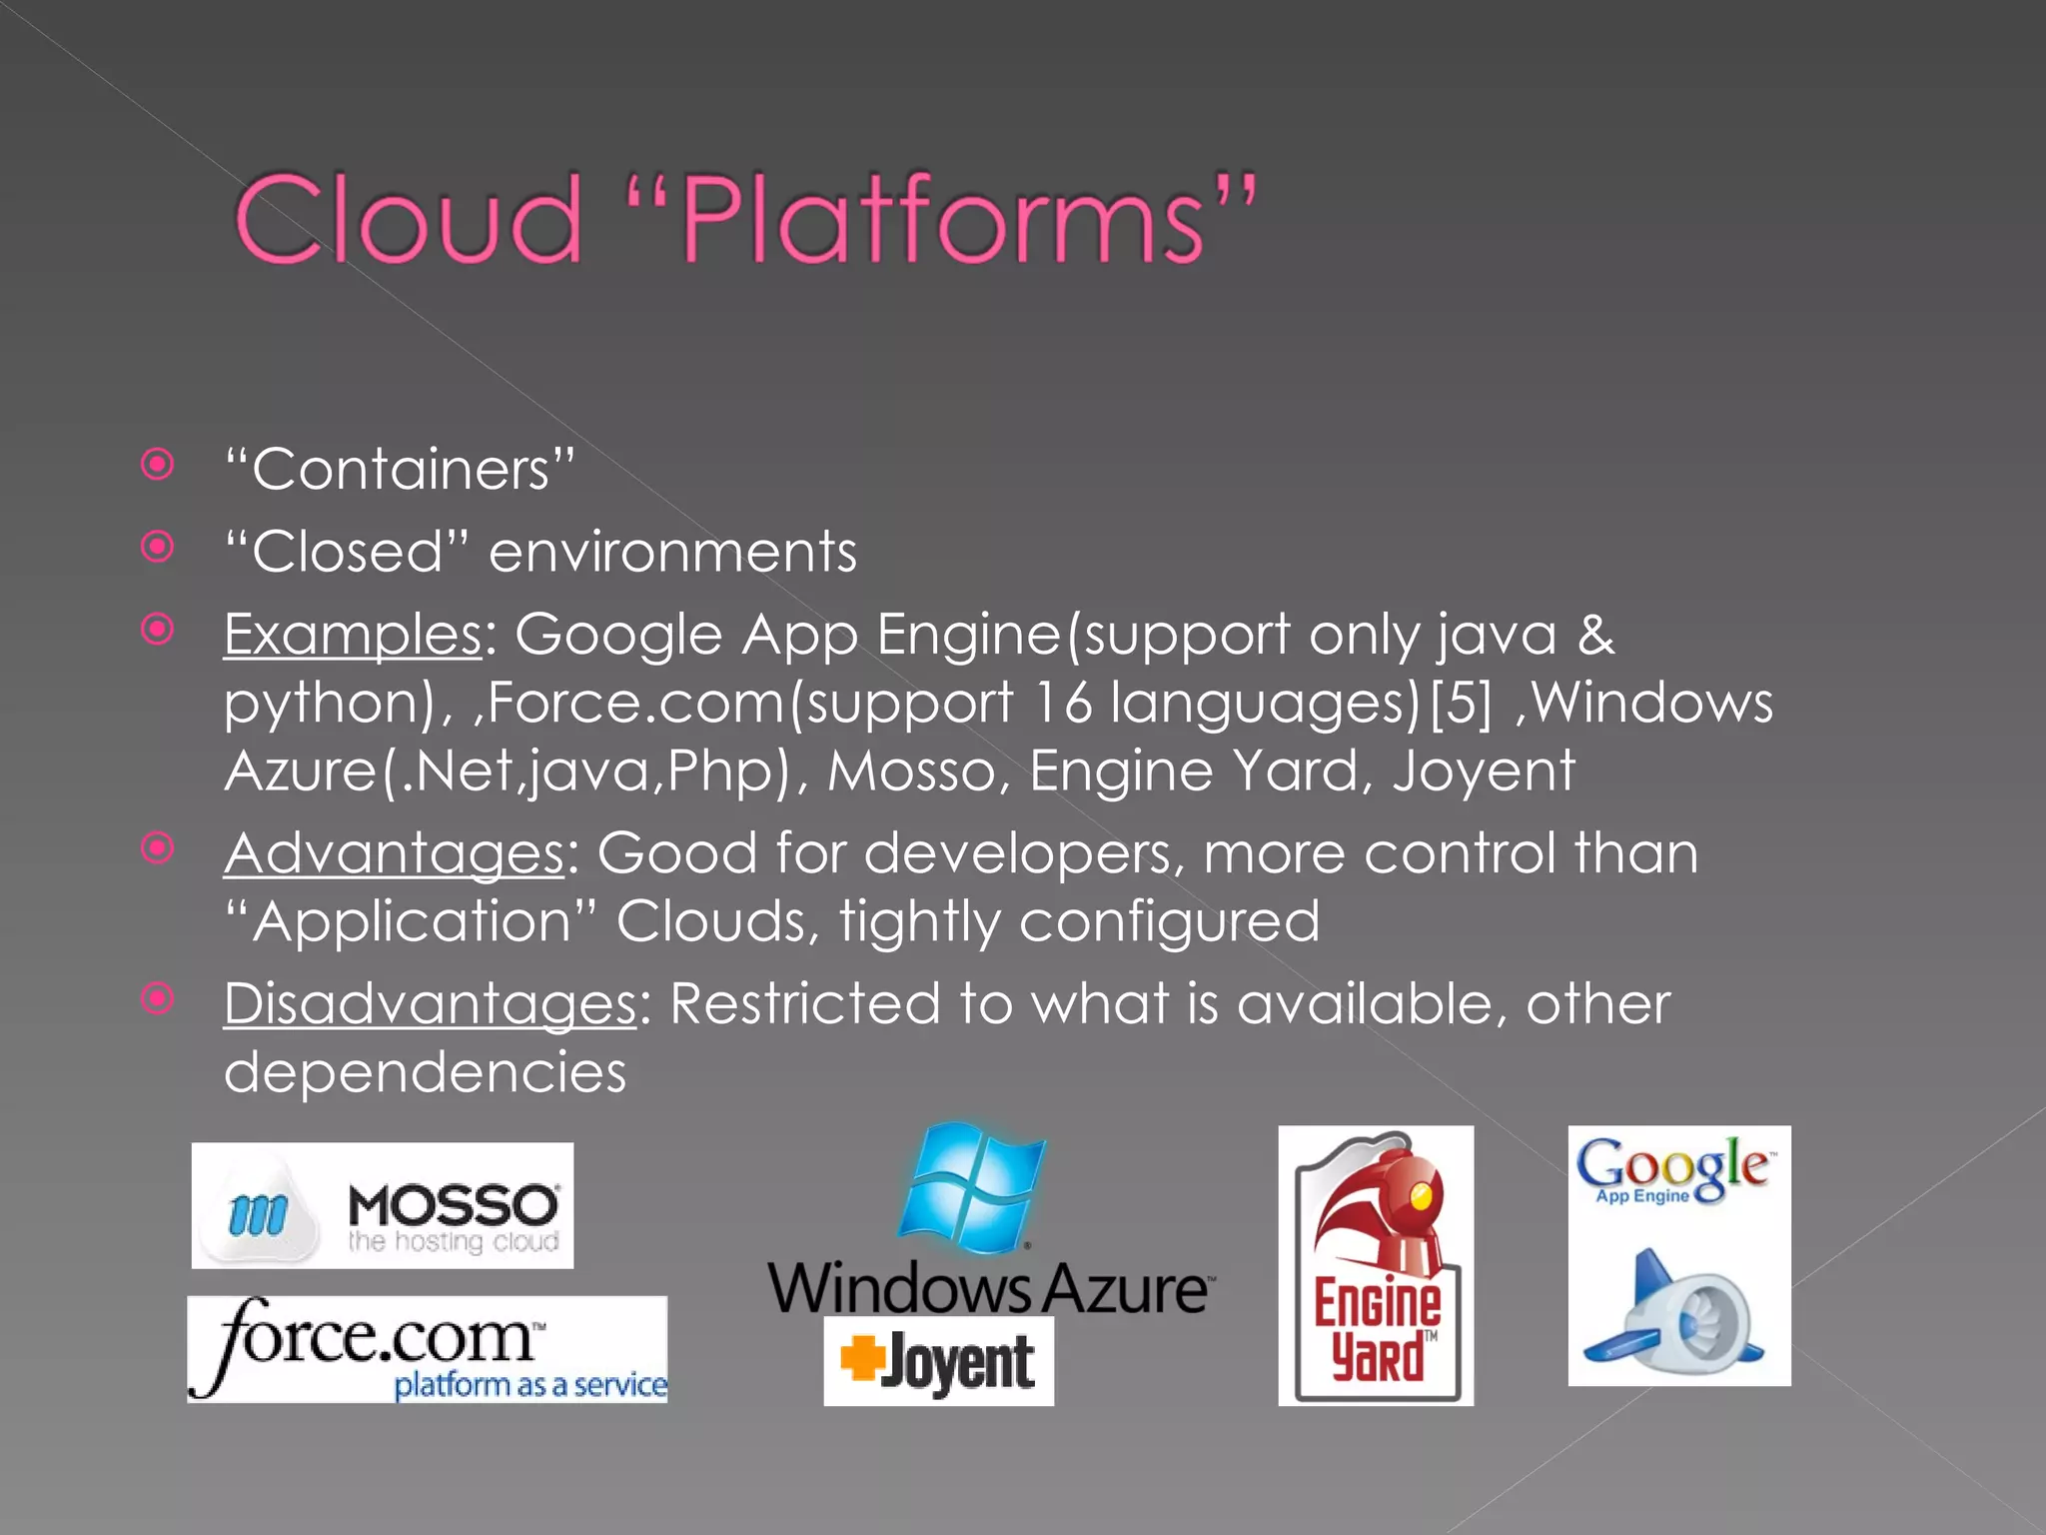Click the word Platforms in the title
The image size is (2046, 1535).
(x=943, y=220)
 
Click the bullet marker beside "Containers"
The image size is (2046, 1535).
(x=158, y=465)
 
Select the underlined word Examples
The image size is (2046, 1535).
(x=353, y=636)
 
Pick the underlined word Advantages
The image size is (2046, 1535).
(x=394, y=854)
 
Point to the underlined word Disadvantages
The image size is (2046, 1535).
(x=430, y=1004)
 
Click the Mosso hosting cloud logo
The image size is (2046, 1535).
(x=382, y=1206)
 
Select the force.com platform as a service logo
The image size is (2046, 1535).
(x=427, y=1349)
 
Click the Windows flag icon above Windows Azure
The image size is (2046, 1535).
(x=972, y=1186)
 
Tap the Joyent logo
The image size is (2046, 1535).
(x=938, y=1361)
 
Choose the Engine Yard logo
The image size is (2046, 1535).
(x=1376, y=1265)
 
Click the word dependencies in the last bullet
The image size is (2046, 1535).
(x=425, y=1073)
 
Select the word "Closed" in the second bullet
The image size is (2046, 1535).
(x=347, y=552)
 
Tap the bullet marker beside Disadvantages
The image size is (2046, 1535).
(x=158, y=998)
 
